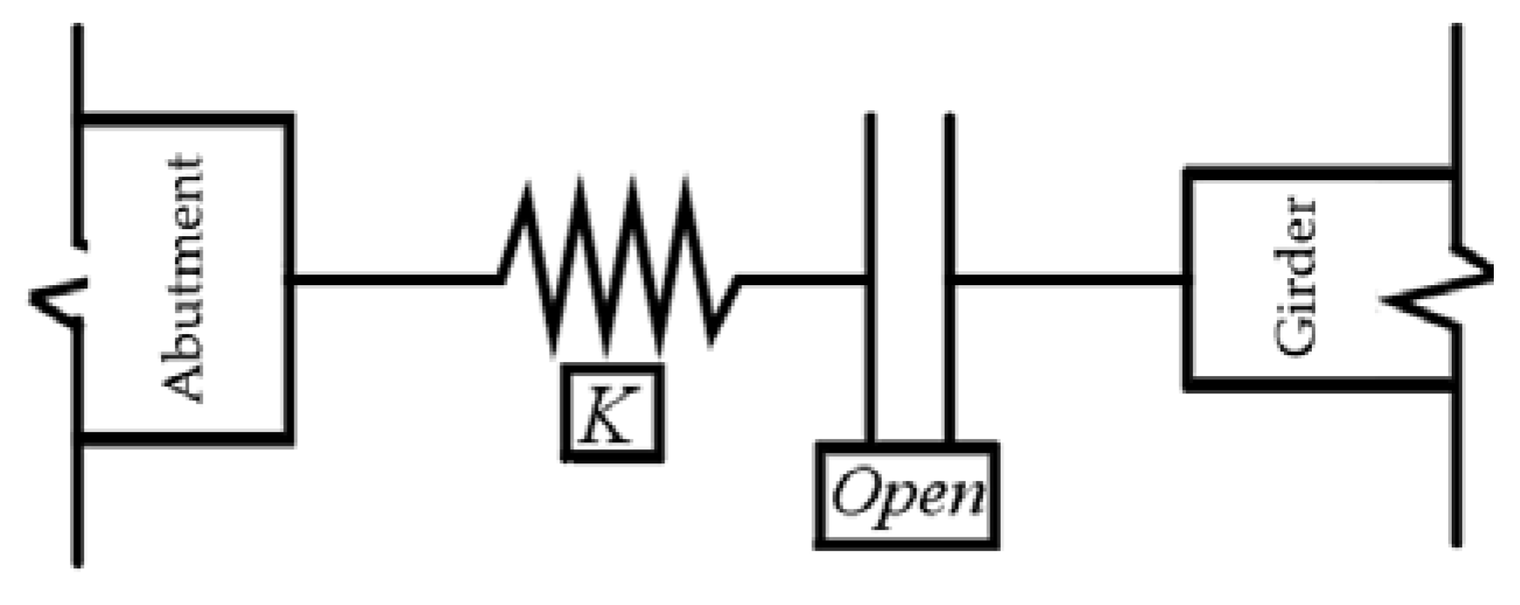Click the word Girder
point(1294,278)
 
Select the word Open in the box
point(906,496)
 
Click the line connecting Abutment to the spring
point(393,279)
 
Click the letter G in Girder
point(1294,337)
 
